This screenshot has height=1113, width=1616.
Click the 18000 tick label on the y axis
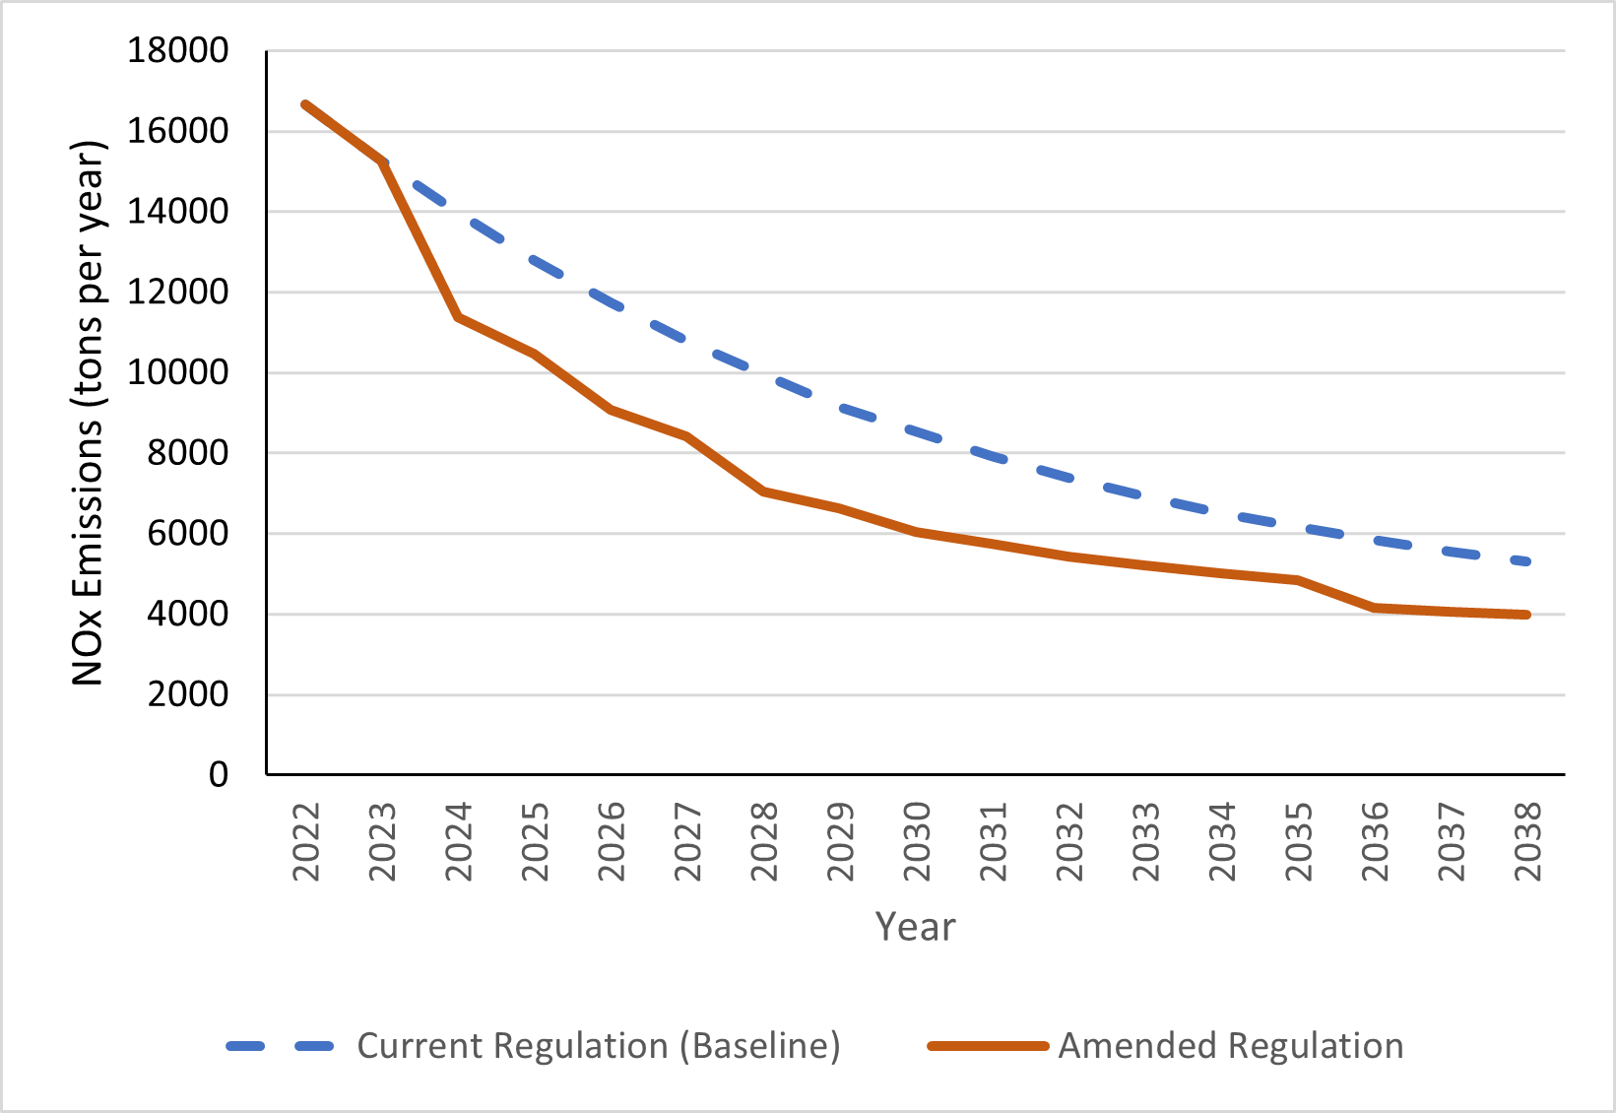[x=177, y=50]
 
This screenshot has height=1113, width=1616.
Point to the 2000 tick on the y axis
[x=187, y=694]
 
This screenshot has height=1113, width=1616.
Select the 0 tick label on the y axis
[x=218, y=775]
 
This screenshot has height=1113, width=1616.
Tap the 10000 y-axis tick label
[x=177, y=372]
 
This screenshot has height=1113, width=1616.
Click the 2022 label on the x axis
[x=306, y=842]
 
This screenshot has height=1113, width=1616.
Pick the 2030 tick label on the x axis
[x=917, y=842]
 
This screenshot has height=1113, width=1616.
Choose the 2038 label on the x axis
[x=1527, y=842]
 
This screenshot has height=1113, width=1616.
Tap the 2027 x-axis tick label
[x=687, y=842]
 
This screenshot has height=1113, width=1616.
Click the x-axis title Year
[x=915, y=927]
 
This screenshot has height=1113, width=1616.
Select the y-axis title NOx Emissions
[x=88, y=414]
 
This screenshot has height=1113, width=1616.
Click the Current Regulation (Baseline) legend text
[x=599, y=1046]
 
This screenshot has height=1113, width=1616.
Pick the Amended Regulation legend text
[x=1231, y=1046]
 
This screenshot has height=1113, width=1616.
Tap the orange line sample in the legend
[x=988, y=1046]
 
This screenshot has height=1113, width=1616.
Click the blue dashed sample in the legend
[x=280, y=1046]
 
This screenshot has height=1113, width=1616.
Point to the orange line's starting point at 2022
[x=306, y=103]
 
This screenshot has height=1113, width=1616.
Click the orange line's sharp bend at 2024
[x=459, y=317]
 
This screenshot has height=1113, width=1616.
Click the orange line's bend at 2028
[x=764, y=491]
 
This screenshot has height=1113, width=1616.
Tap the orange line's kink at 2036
[x=1375, y=608]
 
